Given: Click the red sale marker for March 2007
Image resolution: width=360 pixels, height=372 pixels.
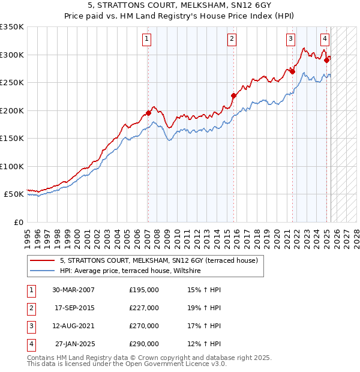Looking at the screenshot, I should [x=148, y=113].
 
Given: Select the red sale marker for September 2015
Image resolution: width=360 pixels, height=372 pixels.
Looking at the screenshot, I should [x=233, y=95].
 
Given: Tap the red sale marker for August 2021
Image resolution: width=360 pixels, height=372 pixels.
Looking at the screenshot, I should [x=292, y=71].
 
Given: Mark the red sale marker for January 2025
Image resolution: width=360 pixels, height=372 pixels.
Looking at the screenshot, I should [x=326, y=60].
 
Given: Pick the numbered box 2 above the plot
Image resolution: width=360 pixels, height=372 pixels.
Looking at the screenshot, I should [x=232, y=40].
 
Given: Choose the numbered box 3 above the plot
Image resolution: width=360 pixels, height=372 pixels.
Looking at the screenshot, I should [x=290, y=40].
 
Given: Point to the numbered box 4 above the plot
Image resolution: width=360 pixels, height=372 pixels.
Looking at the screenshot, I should [x=325, y=40].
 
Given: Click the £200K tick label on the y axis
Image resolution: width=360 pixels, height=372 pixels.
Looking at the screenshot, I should [x=12, y=110].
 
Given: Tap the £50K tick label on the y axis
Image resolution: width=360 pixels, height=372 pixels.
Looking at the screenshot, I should [x=14, y=194].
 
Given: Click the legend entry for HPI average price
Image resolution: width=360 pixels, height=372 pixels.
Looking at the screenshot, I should [x=133, y=271].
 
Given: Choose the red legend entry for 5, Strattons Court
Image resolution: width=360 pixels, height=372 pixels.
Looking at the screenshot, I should [x=158, y=260].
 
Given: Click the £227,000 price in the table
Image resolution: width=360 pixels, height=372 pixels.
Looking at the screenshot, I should [x=144, y=308].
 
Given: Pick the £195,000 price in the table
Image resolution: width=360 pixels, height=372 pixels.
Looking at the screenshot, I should [x=144, y=290].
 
